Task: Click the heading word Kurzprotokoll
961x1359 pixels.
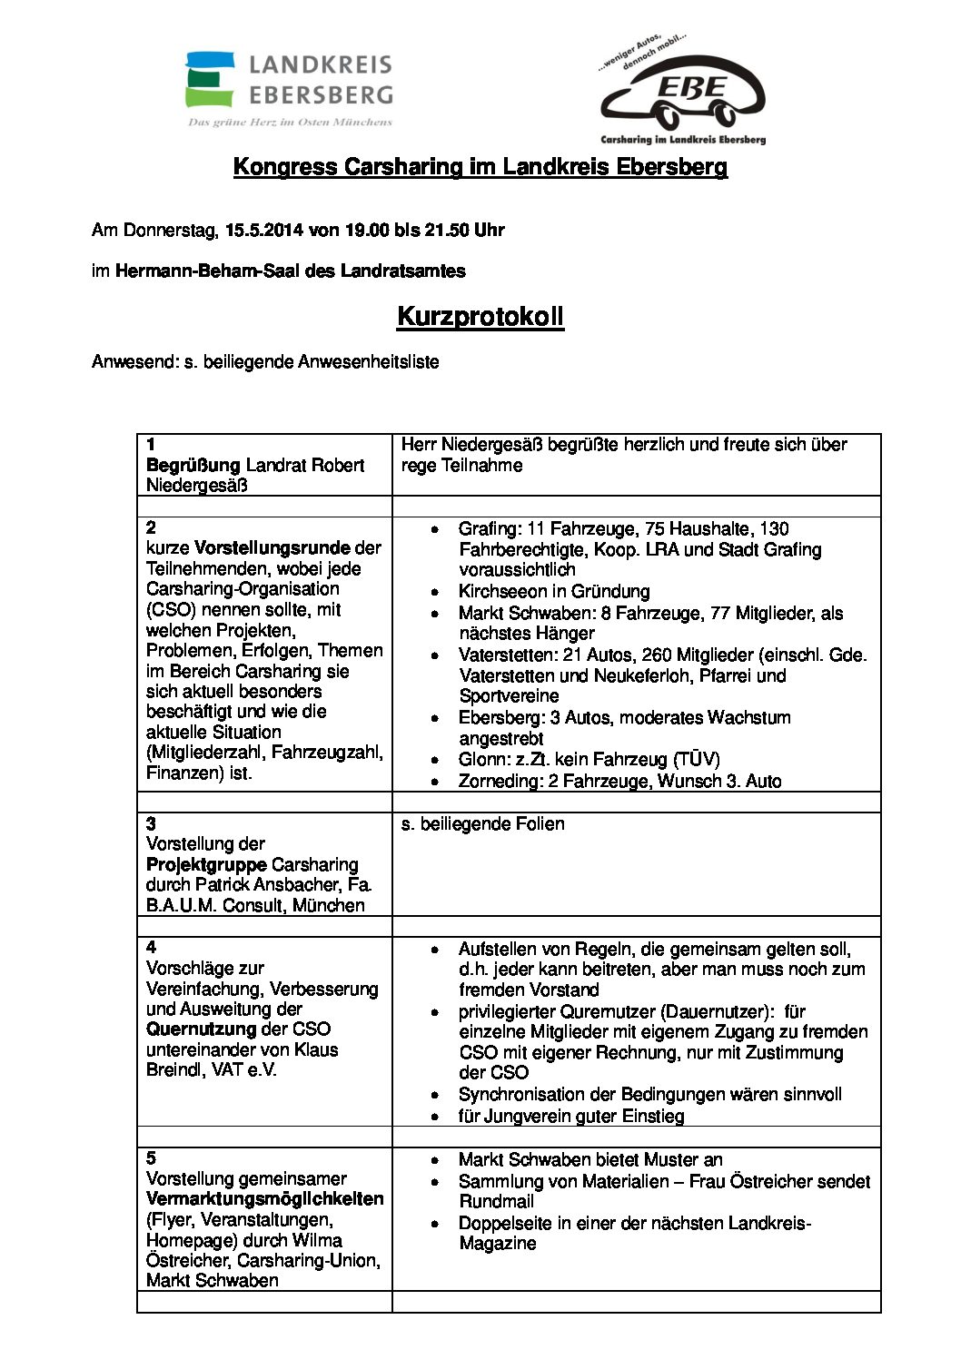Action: pos(480,317)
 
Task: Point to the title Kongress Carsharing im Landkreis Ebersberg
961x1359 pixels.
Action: pos(480,167)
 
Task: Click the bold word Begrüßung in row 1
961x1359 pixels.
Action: pos(193,465)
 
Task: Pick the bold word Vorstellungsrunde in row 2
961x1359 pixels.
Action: pos(272,548)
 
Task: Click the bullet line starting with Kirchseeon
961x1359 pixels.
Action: pos(553,592)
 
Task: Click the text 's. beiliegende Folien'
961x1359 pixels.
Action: pos(482,824)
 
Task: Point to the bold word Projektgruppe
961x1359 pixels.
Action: pos(206,864)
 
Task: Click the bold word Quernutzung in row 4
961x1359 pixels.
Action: pos(201,1029)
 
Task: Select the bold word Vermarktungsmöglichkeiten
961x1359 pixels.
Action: pos(264,1199)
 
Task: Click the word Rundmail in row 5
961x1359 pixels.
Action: pos(496,1201)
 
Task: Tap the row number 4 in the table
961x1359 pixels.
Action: pos(151,948)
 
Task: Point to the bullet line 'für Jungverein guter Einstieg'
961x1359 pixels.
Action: pos(570,1117)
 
